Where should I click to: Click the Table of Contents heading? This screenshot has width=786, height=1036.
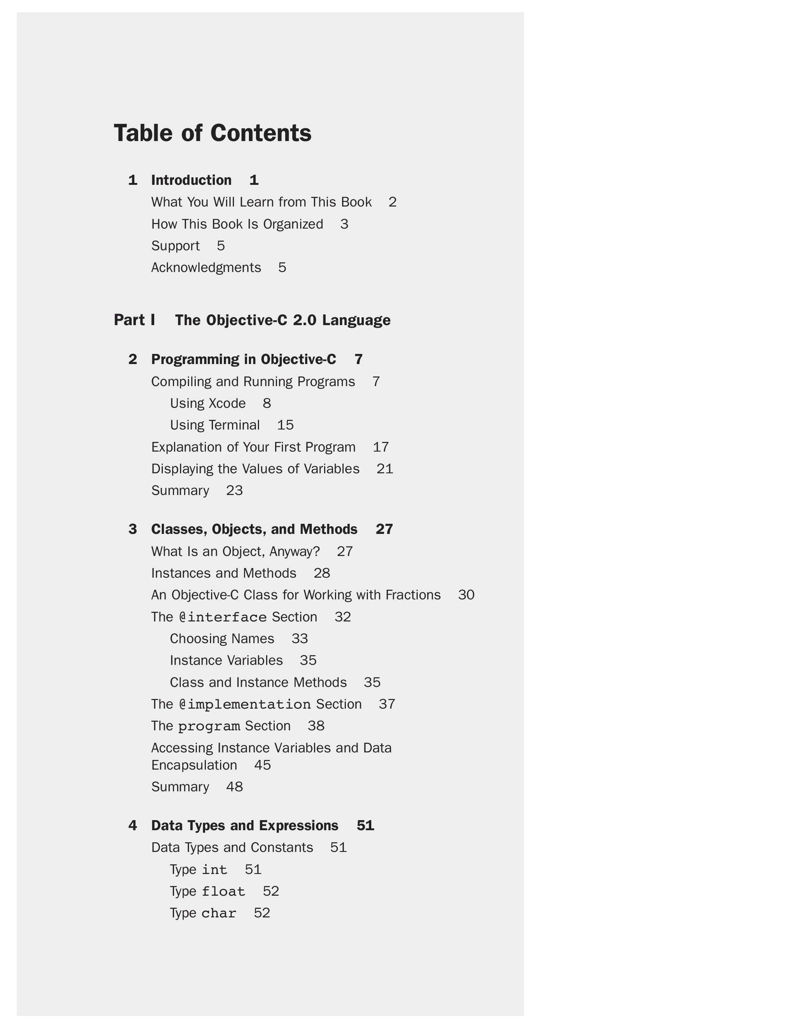212,133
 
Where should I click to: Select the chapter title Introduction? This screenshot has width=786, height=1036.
191,180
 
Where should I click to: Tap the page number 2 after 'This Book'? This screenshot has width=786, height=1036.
393,202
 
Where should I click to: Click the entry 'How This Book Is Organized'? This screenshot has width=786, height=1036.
237,224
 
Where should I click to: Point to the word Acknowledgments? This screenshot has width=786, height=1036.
206,268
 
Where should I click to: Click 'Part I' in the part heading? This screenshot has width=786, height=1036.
134,320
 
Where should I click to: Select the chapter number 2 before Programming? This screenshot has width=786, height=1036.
132,360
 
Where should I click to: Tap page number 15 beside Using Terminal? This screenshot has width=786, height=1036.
285,425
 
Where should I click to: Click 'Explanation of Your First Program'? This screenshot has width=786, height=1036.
253,447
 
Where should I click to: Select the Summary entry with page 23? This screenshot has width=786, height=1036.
180,491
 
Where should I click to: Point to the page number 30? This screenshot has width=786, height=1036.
466,595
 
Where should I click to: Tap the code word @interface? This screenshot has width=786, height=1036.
223,617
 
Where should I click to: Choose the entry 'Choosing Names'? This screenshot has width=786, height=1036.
222,639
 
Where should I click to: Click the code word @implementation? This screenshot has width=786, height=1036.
245,705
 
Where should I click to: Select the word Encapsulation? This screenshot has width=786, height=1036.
194,765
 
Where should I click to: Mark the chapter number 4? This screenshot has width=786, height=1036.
132,826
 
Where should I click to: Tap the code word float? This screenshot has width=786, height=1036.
223,892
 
